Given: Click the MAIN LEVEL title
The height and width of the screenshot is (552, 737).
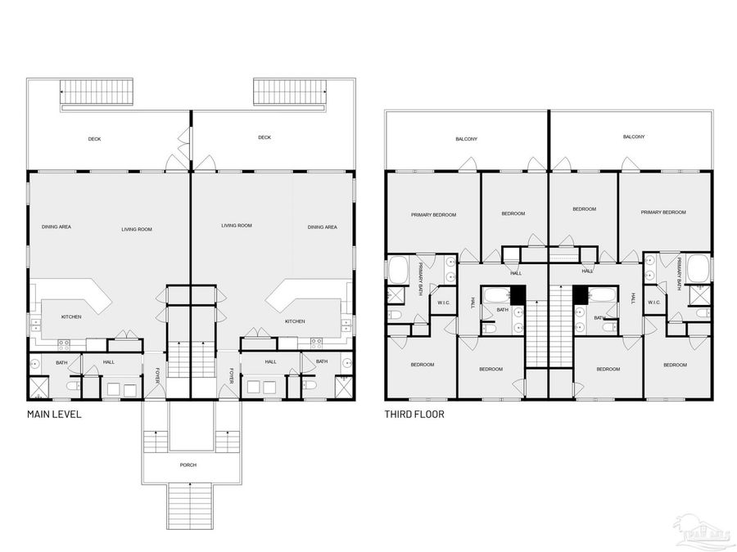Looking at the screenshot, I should [54, 415].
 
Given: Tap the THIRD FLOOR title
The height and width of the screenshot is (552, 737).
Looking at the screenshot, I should [414, 415].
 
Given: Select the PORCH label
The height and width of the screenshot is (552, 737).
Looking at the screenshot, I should [188, 464].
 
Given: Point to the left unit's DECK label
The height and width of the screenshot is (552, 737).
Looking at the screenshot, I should [95, 139].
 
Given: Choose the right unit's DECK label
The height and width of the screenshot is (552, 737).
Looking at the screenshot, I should [265, 137].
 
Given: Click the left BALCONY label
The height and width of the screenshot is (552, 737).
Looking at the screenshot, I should [467, 139].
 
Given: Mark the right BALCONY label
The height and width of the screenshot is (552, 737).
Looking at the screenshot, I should [634, 137].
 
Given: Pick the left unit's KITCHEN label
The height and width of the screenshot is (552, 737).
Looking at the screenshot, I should [71, 316].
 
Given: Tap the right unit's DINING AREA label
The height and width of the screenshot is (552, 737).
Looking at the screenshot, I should [323, 227].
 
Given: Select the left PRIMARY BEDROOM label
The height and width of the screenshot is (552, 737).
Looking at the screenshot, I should [433, 214].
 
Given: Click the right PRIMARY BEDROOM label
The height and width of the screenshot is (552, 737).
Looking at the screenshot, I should [663, 213].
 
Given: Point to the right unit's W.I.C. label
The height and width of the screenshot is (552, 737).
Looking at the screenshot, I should [654, 303].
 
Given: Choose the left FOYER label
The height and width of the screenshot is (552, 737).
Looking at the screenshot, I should [156, 375].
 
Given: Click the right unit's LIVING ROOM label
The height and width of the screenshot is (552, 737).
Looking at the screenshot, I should [237, 225].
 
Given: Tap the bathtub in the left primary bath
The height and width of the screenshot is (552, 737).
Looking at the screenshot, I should [398, 269].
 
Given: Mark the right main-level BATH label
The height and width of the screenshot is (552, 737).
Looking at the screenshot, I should [322, 361].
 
